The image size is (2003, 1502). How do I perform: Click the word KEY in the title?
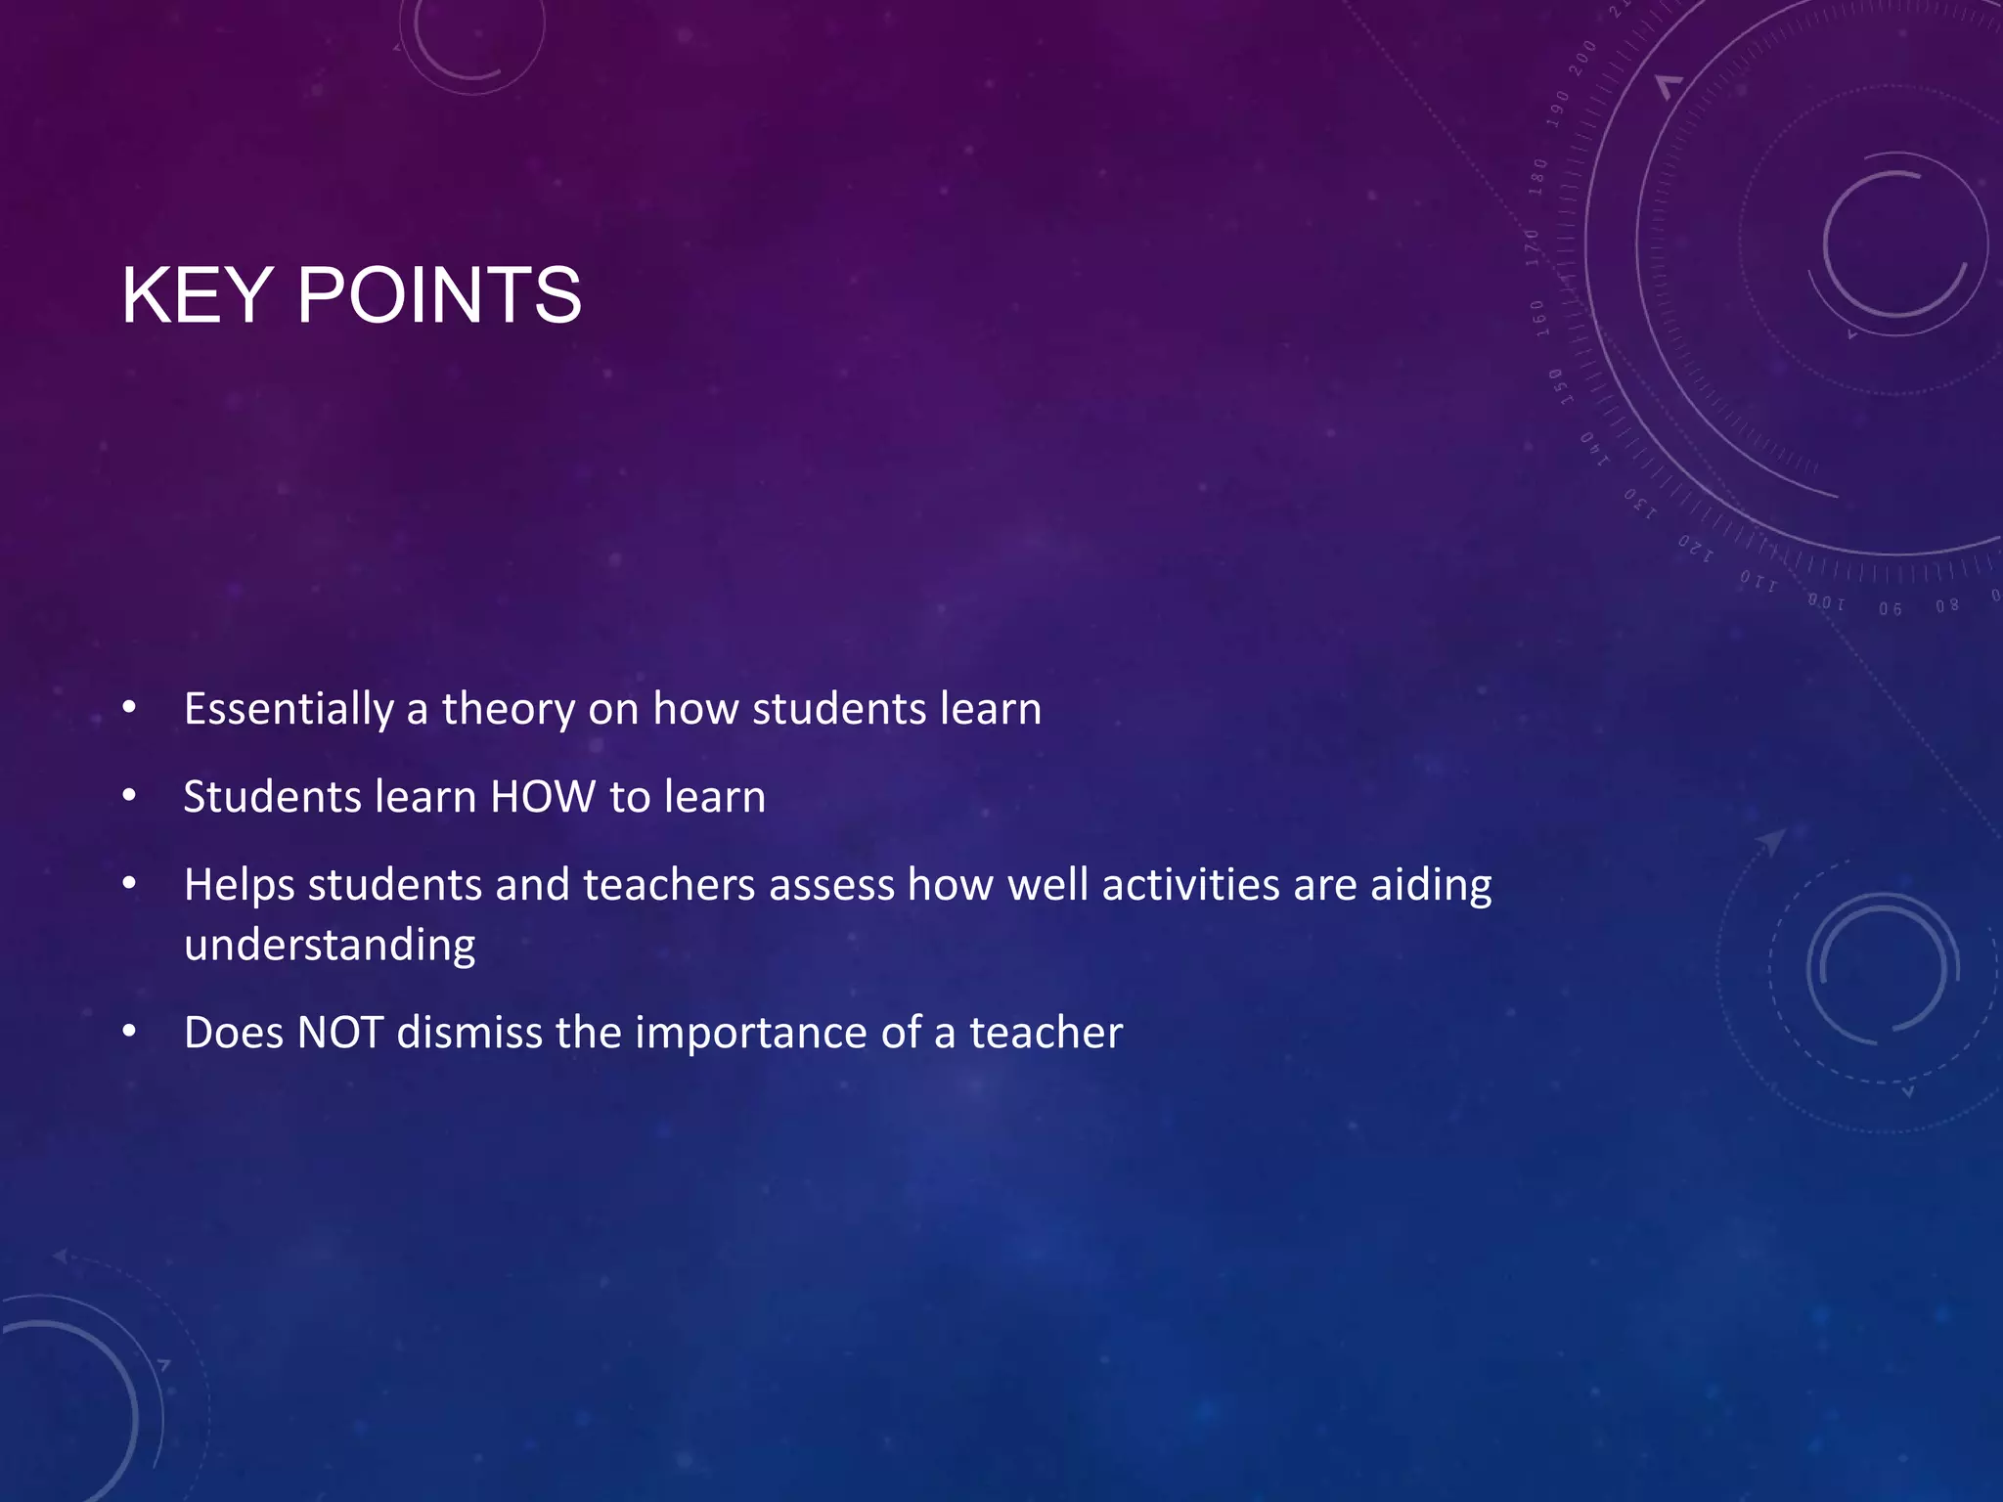(197, 295)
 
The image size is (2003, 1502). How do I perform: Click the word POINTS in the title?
(439, 295)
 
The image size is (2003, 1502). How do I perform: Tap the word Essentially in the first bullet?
(289, 710)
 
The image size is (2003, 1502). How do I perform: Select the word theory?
(509, 710)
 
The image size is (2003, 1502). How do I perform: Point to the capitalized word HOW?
(543, 797)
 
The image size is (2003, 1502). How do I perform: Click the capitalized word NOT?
(339, 1033)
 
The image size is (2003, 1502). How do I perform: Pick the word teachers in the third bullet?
(669, 885)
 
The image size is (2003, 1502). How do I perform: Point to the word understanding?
(330, 946)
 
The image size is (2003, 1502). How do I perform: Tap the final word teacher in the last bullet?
(1046, 1033)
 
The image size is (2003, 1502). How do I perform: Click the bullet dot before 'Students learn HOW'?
(129, 797)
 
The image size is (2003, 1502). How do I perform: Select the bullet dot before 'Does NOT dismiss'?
(129, 1033)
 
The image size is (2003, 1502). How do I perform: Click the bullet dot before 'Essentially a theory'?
(129, 709)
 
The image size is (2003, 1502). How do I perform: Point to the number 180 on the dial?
(1538, 177)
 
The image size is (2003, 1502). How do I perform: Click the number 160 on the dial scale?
(1537, 319)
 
